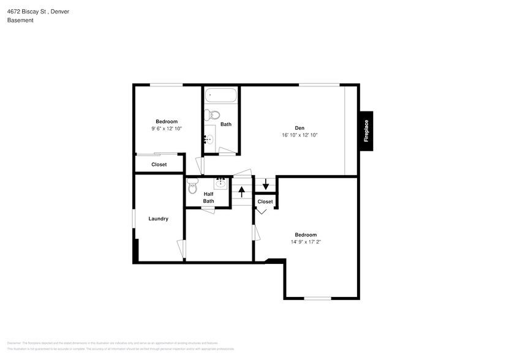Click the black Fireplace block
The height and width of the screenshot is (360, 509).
click(x=366, y=130)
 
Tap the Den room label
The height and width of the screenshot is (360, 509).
click(x=300, y=128)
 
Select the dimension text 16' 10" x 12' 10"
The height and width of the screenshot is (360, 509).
click(x=300, y=135)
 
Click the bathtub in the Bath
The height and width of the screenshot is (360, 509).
click(x=221, y=96)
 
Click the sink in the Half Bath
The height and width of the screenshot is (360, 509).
click(x=221, y=183)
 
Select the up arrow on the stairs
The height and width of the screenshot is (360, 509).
click(x=241, y=192)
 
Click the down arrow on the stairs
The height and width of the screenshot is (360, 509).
click(x=265, y=184)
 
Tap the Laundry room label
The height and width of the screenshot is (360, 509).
click(x=158, y=219)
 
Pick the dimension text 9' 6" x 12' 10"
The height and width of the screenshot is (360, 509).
click(x=167, y=128)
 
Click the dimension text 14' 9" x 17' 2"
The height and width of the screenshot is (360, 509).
click(x=306, y=242)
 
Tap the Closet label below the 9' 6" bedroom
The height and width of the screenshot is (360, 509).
click(x=159, y=164)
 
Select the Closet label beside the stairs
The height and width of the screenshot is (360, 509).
click(x=265, y=201)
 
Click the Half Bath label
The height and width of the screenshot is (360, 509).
click(x=209, y=197)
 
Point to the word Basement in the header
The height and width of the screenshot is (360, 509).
click(x=20, y=20)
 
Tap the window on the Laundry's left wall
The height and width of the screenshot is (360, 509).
click(x=134, y=219)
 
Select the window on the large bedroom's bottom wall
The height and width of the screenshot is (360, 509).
click(x=317, y=298)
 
